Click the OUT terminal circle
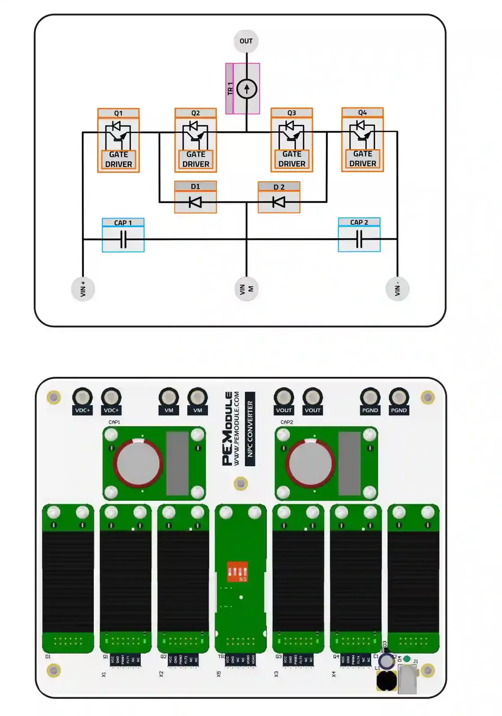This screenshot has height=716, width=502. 246,41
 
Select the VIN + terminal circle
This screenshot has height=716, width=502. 83,289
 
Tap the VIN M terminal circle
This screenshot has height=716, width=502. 246,289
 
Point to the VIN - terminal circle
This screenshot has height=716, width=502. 397,289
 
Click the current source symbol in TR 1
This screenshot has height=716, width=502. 246,89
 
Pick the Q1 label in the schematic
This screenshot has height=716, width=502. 118,113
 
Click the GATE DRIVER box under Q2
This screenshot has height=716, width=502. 196,159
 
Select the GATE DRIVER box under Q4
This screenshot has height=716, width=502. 362,159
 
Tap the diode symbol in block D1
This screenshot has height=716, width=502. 195,202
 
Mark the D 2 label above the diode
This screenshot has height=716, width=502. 279,187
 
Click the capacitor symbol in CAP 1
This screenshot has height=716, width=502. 123,239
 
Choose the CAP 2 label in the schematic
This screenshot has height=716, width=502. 359,222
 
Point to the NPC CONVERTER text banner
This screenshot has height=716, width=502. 250,428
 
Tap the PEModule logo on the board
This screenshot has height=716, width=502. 228,428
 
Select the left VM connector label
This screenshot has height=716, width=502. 169,410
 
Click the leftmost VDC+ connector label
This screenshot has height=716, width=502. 82,410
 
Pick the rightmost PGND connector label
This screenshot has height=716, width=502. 399,410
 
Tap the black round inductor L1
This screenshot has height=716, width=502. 386,680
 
